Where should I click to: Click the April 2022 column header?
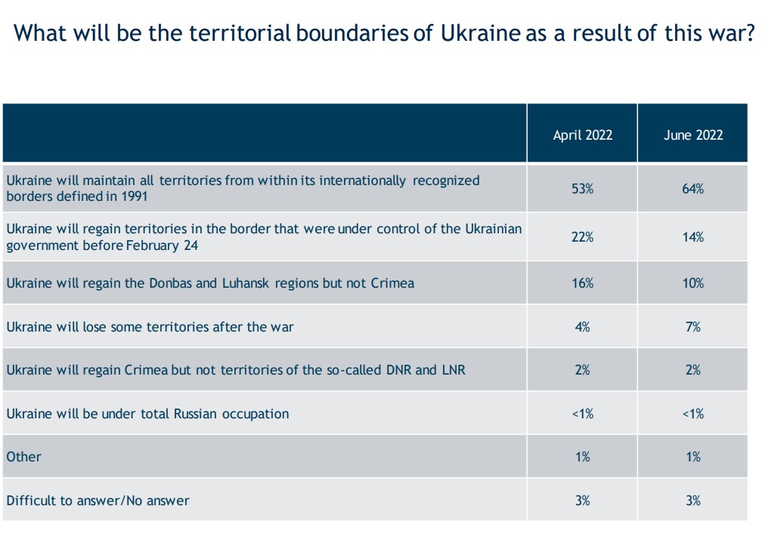pos(583,135)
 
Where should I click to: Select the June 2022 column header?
pos(693,135)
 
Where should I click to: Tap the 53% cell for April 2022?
pos(583,189)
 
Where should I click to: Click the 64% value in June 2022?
pos(693,189)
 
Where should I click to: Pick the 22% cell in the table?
pos(583,237)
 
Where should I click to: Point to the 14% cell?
pos(693,237)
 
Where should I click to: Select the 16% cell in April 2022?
pos(583,283)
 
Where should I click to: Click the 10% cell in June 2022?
pos(693,283)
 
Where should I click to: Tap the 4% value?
pos(583,327)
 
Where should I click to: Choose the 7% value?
pos(693,327)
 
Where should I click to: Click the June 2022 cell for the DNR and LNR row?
pos(693,370)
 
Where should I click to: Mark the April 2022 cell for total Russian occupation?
pos(583,414)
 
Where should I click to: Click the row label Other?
pos(23,457)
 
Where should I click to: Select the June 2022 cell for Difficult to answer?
pos(693,500)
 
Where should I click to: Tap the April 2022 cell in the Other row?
pos(583,457)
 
